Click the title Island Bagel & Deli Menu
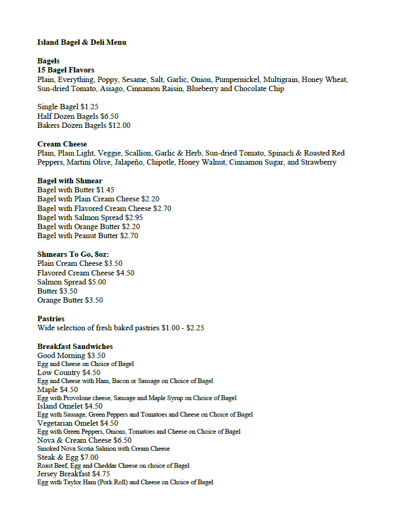pyautogui.click(x=82, y=42)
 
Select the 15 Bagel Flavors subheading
pyautogui.click(x=66, y=70)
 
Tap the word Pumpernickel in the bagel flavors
pyautogui.click(x=237, y=79)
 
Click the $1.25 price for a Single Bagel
pyautogui.click(x=90, y=107)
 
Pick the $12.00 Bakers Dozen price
pyautogui.click(x=119, y=126)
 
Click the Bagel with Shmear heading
pyautogui.click(x=70, y=181)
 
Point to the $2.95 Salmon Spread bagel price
pyautogui.click(x=134, y=217)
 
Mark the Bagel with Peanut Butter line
pyautogui.click(x=88, y=235)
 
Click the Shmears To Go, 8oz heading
pyautogui.click(x=73, y=254)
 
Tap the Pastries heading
pyautogui.click(x=51, y=319)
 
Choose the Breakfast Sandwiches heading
pyautogui.click(x=75, y=346)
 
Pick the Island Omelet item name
pyautogui.click(x=60, y=407)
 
